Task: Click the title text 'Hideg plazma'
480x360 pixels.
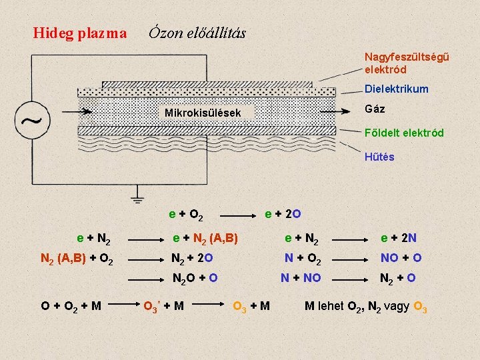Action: (x=80, y=33)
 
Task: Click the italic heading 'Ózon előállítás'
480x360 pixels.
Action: (x=197, y=32)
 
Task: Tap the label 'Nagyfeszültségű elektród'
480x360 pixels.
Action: (x=406, y=63)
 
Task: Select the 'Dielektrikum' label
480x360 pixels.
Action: (x=396, y=89)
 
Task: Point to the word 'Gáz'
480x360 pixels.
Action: (x=375, y=109)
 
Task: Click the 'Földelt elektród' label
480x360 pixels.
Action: (x=404, y=133)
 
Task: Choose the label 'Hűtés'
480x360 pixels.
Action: (x=379, y=157)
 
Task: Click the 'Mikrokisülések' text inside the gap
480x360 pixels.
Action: (x=203, y=113)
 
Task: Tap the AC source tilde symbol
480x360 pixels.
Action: (x=31, y=121)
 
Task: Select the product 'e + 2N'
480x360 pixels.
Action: (x=399, y=238)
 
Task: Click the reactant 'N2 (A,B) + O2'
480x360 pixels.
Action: (x=77, y=259)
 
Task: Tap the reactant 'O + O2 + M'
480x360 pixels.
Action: (x=71, y=307)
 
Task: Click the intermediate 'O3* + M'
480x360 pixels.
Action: (x=164, y=307)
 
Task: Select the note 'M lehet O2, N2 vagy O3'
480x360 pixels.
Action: (x=366, y=307)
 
